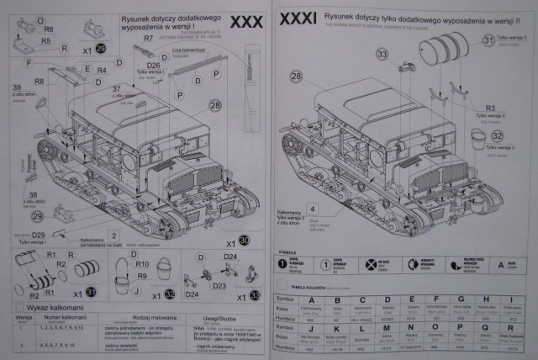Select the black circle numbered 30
[x=244, y=240]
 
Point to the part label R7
[x=148, y=40]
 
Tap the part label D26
[x=153, y=66]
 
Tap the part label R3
[x=490, y=109]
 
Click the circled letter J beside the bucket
[x=135, y=292]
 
